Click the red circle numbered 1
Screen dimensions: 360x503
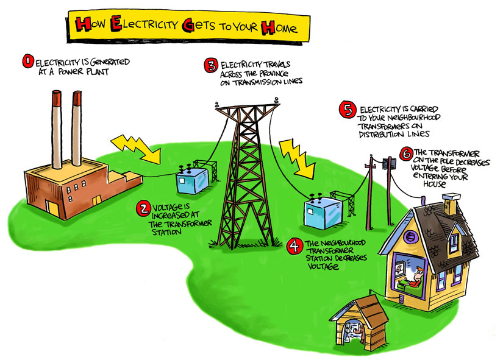click(x=27, y=62)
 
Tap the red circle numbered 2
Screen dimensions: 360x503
click(x=144, y=209)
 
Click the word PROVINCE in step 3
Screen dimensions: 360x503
click(x=276, y=71)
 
